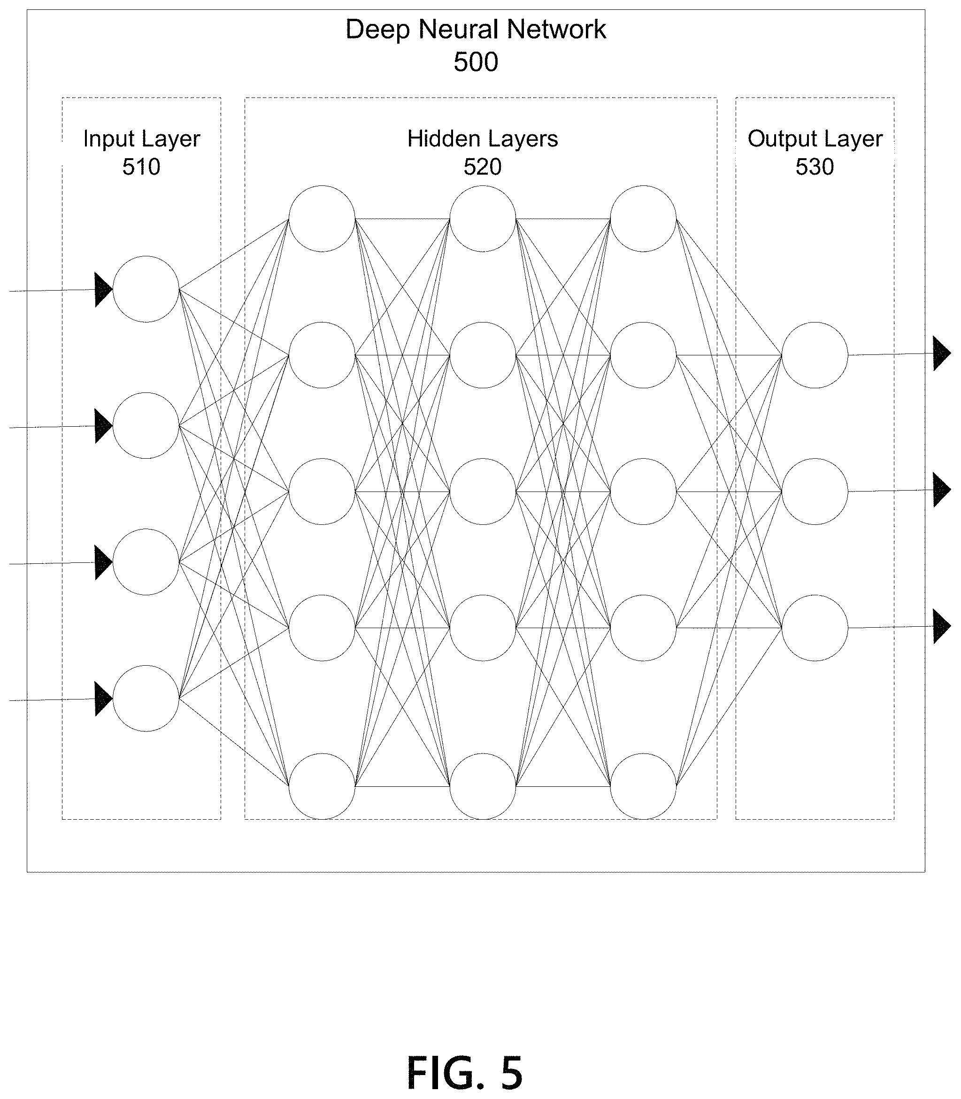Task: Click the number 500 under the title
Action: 476,62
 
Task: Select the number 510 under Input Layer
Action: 141,167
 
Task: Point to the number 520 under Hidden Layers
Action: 483,167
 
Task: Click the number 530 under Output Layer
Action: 815,167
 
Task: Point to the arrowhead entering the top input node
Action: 103,290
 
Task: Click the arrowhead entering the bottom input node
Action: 103,699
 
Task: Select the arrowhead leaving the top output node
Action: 942,354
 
